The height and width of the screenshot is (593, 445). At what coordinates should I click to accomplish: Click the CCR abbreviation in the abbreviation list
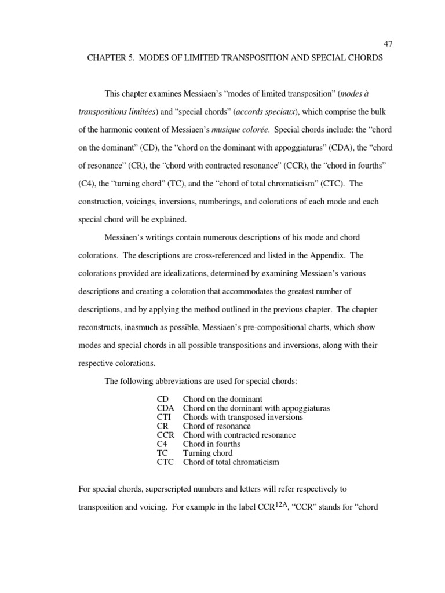[166, 435]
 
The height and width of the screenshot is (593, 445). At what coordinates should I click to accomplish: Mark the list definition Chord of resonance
[217, 426]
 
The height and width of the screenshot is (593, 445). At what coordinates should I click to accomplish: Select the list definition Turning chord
[207, 453]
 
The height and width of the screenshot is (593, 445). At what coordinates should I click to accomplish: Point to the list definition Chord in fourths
[211, 444]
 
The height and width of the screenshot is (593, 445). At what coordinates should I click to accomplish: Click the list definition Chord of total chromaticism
[231, 462]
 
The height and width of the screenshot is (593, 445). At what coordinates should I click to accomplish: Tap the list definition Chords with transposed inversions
[242, 417]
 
